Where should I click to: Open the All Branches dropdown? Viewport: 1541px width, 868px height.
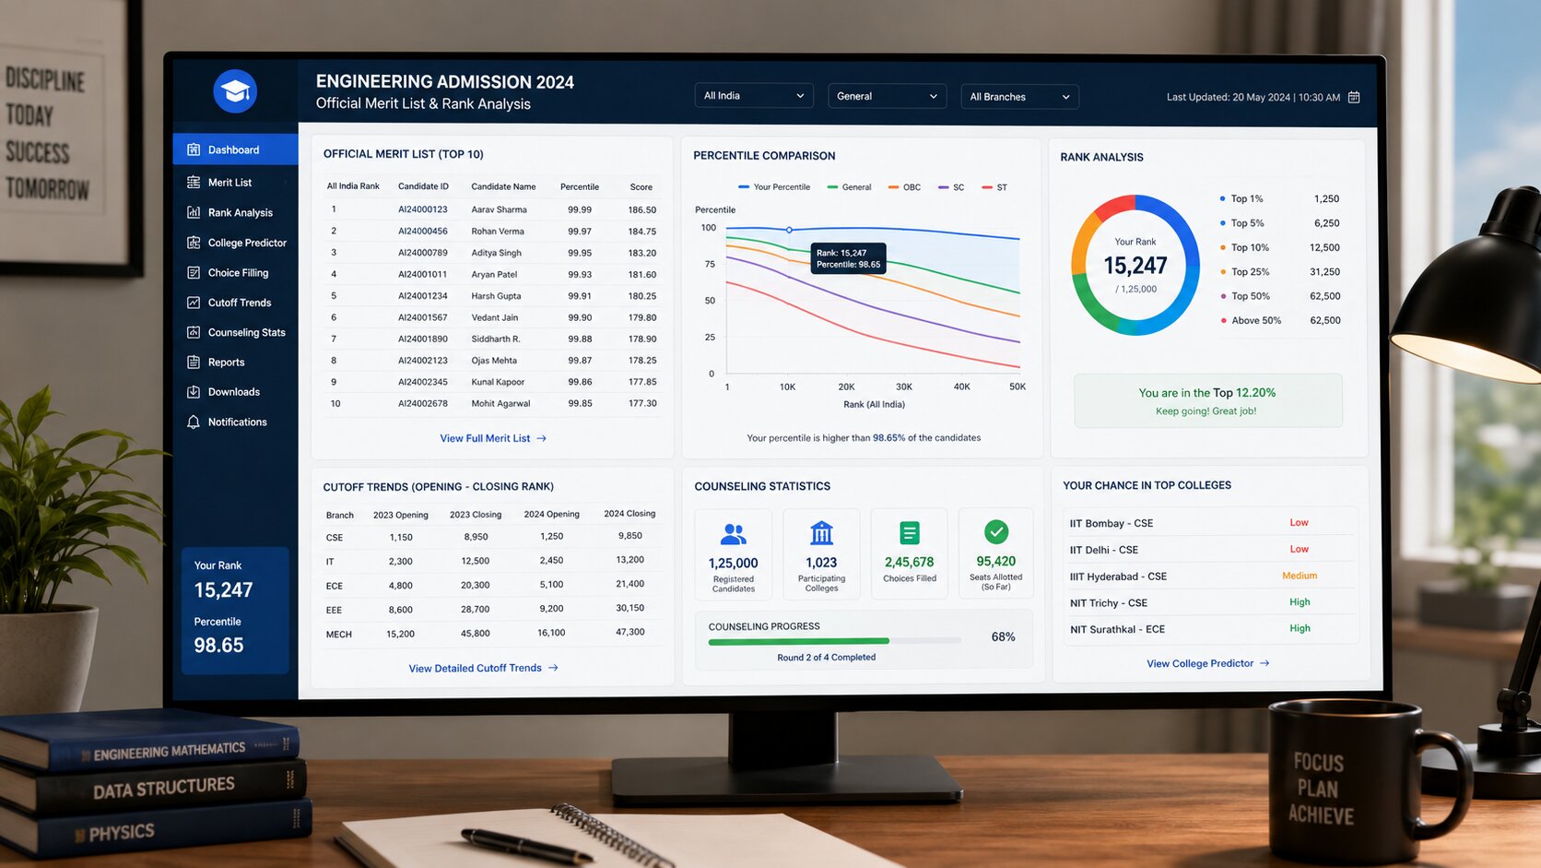coord(1019,97)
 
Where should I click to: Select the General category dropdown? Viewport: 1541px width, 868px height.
coord(887,96)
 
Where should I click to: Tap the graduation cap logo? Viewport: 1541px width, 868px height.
coord(235,91)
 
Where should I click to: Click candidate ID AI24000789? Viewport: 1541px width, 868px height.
coord(422,253)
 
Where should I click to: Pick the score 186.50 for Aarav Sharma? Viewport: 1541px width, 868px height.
coord(641,209)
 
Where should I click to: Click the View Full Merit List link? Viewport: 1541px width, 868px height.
coord(492,438)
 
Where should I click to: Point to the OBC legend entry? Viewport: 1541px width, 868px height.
coord(904,187)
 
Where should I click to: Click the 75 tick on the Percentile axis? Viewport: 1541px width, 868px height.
coord(710,265)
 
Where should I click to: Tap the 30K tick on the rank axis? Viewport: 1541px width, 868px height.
coord(904,386)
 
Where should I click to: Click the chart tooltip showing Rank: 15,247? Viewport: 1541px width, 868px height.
coord(848,259)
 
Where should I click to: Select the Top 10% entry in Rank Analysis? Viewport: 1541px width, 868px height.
coord(1250,248)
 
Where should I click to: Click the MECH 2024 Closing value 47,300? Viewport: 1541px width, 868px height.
coord(629,632)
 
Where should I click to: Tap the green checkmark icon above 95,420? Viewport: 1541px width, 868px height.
coord(996,531)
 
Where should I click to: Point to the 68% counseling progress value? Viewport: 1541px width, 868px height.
coord(1003,636)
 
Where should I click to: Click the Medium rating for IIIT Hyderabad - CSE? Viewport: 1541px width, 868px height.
coord(1300,576)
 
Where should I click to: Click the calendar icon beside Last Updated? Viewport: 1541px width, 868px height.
coord(1354,97)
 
